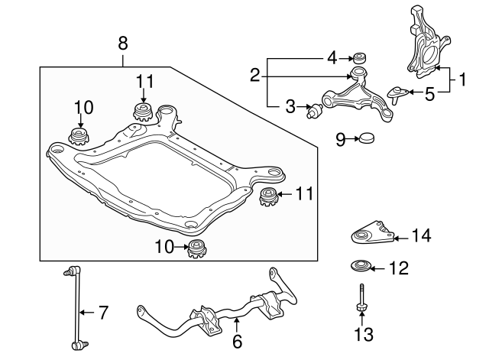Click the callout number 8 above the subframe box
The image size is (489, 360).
[123, 44]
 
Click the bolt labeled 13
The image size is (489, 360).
[361, 300]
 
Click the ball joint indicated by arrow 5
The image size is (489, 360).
[396, 94]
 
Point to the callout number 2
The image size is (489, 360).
[254, 74]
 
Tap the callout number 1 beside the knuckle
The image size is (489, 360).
[461, 78]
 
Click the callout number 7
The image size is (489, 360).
[104, 312]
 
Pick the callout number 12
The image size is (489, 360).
[399, 268]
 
